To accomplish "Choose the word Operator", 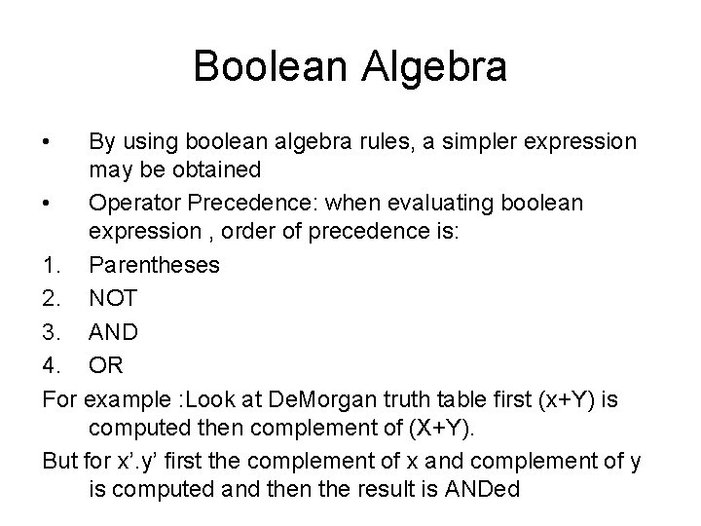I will (130, 203).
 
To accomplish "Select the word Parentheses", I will (155, 266).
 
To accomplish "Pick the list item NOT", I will (113, 298).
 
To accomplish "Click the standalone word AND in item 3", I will (113, 331).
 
